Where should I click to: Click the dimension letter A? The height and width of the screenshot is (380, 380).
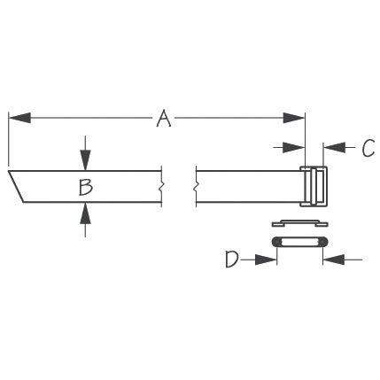(x=163, y=118)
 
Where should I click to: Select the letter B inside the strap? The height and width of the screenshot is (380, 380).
(x=85, y=186)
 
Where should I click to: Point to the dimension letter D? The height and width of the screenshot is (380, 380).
(x=232, y=259)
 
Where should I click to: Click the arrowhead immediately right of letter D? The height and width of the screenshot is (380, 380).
(x=267, y=259)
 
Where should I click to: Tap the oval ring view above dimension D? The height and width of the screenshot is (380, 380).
(x=299, y=242)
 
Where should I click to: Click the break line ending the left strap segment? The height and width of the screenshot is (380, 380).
(x=161, y=186)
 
